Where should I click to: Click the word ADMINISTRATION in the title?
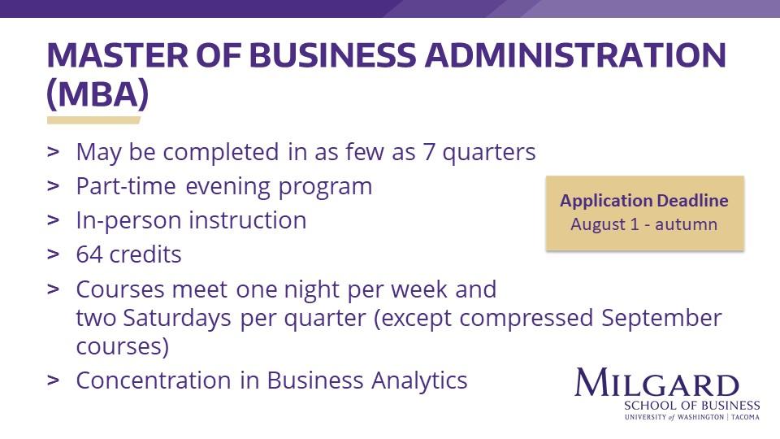click(575, 54)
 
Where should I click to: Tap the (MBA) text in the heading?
click(97, 93)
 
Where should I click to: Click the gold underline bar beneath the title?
click(93, 120)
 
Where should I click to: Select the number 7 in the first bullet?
click(429, 152)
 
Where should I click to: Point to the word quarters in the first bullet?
click(489, 153)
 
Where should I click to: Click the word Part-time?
click(126, 187)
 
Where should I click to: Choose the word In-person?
click(128, 221)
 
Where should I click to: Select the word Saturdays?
click(177, 318)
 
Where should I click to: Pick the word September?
click(661, 318)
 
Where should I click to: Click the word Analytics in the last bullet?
click(419, 380)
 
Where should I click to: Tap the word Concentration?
click(154, 380)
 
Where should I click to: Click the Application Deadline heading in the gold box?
click(644, 201)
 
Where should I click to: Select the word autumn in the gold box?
click(687, 224)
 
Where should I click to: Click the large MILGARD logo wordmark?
click(657, 383)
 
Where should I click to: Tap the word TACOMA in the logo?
click(745, 417)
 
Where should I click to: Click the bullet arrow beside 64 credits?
click(54, 254)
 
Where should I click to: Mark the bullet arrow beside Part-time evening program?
click(54, 187)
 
